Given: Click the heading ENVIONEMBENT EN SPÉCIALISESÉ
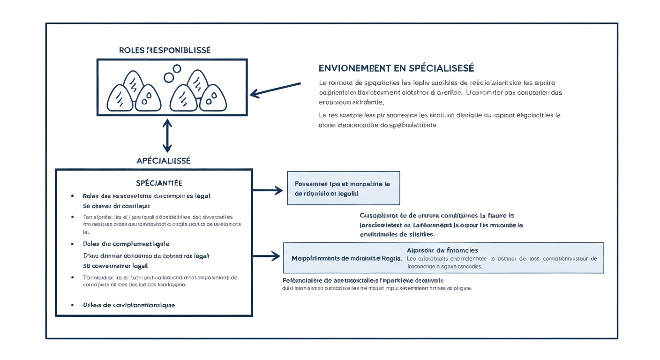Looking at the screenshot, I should tap(396, 68).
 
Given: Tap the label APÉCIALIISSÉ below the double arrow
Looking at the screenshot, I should tap(164, 160).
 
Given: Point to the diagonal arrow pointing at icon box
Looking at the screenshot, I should tap(275, 90).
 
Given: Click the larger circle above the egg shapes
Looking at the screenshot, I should tap(176, 68).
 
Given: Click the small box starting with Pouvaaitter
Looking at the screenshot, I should tap(343, 188).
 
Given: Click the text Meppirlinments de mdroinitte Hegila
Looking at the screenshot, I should tap(346, 258).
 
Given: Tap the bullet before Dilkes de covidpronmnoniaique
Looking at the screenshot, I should tap(73, 305).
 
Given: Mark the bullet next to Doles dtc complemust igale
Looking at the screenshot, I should tap(73, 244).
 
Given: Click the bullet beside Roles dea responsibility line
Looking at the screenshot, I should tap(73, 196).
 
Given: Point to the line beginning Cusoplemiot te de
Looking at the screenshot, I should tap(437, 216).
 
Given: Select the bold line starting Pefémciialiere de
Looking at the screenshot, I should tap(363, 280).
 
